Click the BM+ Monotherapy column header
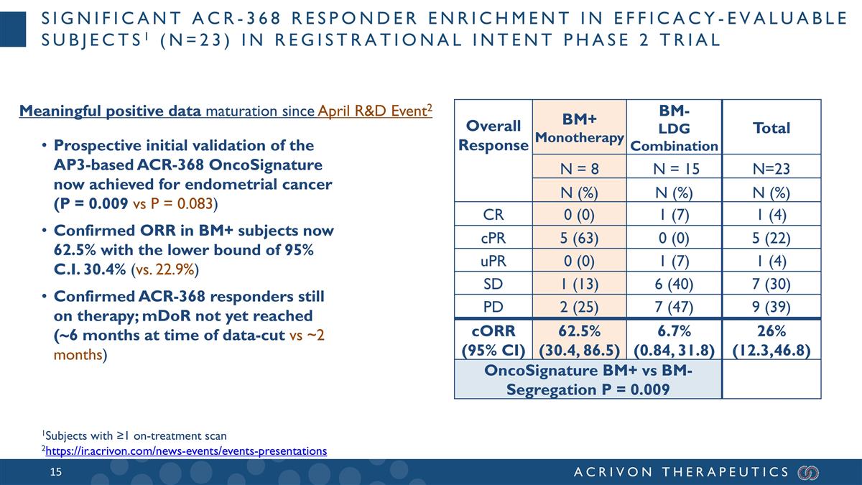[579, 127]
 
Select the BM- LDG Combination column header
[674, 127]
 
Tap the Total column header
[771, 128]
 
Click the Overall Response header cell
[493, 135]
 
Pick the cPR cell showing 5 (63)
[579, 237]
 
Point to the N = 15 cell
[674, 170]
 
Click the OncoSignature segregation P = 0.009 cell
[588, 379]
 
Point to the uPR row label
[493, 260]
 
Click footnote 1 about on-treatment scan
[134, 435]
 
